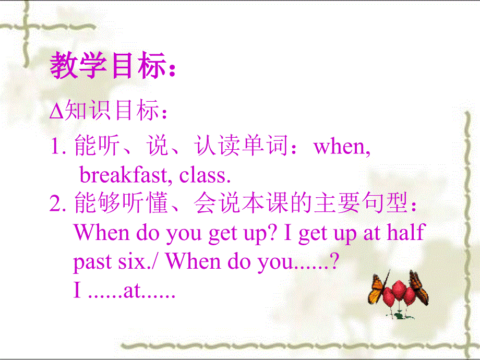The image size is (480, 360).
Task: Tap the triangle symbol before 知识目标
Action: coord(56,113)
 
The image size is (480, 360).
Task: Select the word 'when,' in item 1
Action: coord(342,147)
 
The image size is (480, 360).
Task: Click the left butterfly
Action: coord(378,290)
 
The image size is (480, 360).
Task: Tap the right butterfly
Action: coord(418,286)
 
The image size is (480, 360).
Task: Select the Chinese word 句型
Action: coord(389,204)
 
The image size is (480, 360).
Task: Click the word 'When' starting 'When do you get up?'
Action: coord(102,232)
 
